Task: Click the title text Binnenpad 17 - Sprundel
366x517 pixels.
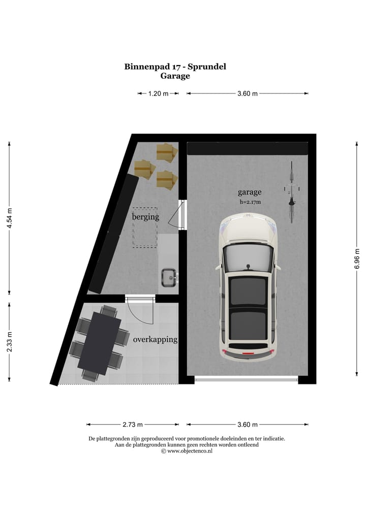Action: coord(175,66)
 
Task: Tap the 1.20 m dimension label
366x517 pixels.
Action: coord(158,93)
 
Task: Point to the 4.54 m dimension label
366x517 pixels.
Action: coord(9,219)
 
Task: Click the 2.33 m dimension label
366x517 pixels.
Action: coord(9,341)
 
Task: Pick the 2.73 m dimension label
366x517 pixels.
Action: coord(133,425)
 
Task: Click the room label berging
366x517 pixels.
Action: coord(145,217)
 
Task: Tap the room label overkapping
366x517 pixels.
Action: coord(155,339)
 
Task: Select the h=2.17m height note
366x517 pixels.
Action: coord(250,202)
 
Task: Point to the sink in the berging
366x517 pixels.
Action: coord(168,277)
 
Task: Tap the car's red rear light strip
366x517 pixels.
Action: coord(248,351)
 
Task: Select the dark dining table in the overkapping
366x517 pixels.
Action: coord(99,343)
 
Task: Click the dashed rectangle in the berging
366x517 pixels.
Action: coord(145,228)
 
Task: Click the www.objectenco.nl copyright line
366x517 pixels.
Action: coord(187,450)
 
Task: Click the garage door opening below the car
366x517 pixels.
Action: coord(247,378)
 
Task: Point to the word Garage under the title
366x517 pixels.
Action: coord(175,76)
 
